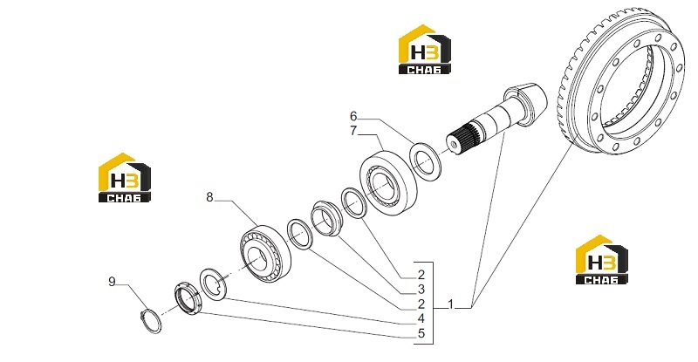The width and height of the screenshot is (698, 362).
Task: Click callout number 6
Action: tap(353, 117)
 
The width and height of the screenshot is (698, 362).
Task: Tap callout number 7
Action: tap(353, 131)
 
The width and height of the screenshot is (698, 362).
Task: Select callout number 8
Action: tap(209, 197)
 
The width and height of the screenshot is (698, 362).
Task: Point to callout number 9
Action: tap(112, 282)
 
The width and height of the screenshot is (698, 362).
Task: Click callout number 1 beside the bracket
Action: tap(450, 304)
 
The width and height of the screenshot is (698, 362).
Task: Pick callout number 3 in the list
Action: tap(421, 290)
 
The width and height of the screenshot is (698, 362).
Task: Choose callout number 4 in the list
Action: tap(421, 318)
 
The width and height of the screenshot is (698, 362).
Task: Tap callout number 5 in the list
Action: tap(421, 333)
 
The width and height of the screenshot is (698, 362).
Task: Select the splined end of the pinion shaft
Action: tap(462, 138)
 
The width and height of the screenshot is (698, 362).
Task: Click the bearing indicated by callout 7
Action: tap(388, 183)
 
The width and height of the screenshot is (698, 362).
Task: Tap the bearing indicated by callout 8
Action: tap(265, 254)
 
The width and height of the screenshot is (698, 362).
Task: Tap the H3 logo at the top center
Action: tap(424, 50)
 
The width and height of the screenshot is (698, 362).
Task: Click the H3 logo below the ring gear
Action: tap(601, 260)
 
